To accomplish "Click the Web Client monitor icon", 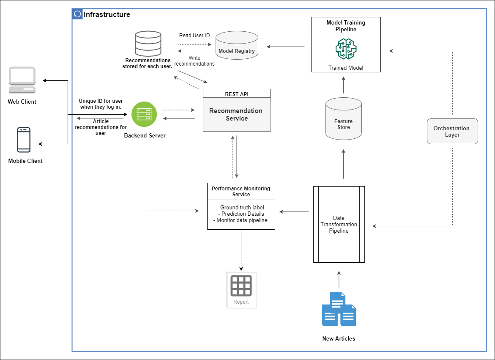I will click(22, 80).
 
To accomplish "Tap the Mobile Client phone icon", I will click(24, 140).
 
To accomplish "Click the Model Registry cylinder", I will click(237, 47).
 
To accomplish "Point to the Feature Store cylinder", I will click(344, 119).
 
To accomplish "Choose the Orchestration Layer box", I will click(452, 132).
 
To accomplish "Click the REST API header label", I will click(237, 93).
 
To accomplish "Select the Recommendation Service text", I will click(236, 115).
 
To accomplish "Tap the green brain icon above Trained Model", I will click(346, 49).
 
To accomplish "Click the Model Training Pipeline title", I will click(346, 26).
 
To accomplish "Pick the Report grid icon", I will click(241, 286).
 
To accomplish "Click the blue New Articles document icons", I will click(339, 309).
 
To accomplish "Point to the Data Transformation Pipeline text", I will click(339, 225).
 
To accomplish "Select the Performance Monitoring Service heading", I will click(241, 191).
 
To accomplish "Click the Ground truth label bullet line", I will click(241, 208).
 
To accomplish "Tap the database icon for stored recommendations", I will click(148, 43).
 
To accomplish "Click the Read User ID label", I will click(194, 36).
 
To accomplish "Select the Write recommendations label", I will click(194, 61).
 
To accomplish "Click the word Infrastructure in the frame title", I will click(107, 14).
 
